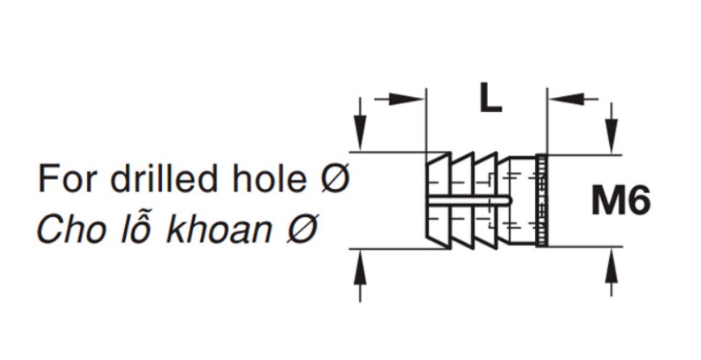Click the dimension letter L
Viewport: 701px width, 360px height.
(x=490, y=98)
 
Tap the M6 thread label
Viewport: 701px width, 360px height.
(x=621, y=201)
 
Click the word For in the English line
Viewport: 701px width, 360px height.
(x=68, y=178)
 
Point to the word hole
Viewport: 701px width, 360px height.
(x=269, y=178)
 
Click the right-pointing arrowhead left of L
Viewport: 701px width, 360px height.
(x=406, y=98)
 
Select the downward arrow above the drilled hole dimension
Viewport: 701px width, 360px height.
(x=360, y=125)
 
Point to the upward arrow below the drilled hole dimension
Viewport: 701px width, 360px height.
(x=360, y=276)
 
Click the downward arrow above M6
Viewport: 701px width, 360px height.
(x=611, y=128)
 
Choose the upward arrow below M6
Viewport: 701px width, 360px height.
(x=611, y=271)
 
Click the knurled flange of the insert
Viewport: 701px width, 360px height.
(x=541, y=200)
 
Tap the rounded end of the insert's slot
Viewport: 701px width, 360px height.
(x=509, y=201)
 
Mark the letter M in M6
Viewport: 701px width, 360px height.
(x=607, y=201)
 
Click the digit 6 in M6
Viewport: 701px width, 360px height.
(x=638, y=201)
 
